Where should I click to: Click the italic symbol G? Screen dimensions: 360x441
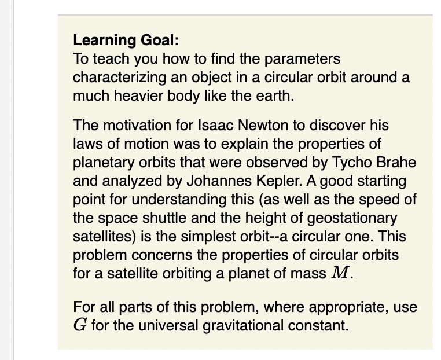pyautogui.click(x=80, y=325)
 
